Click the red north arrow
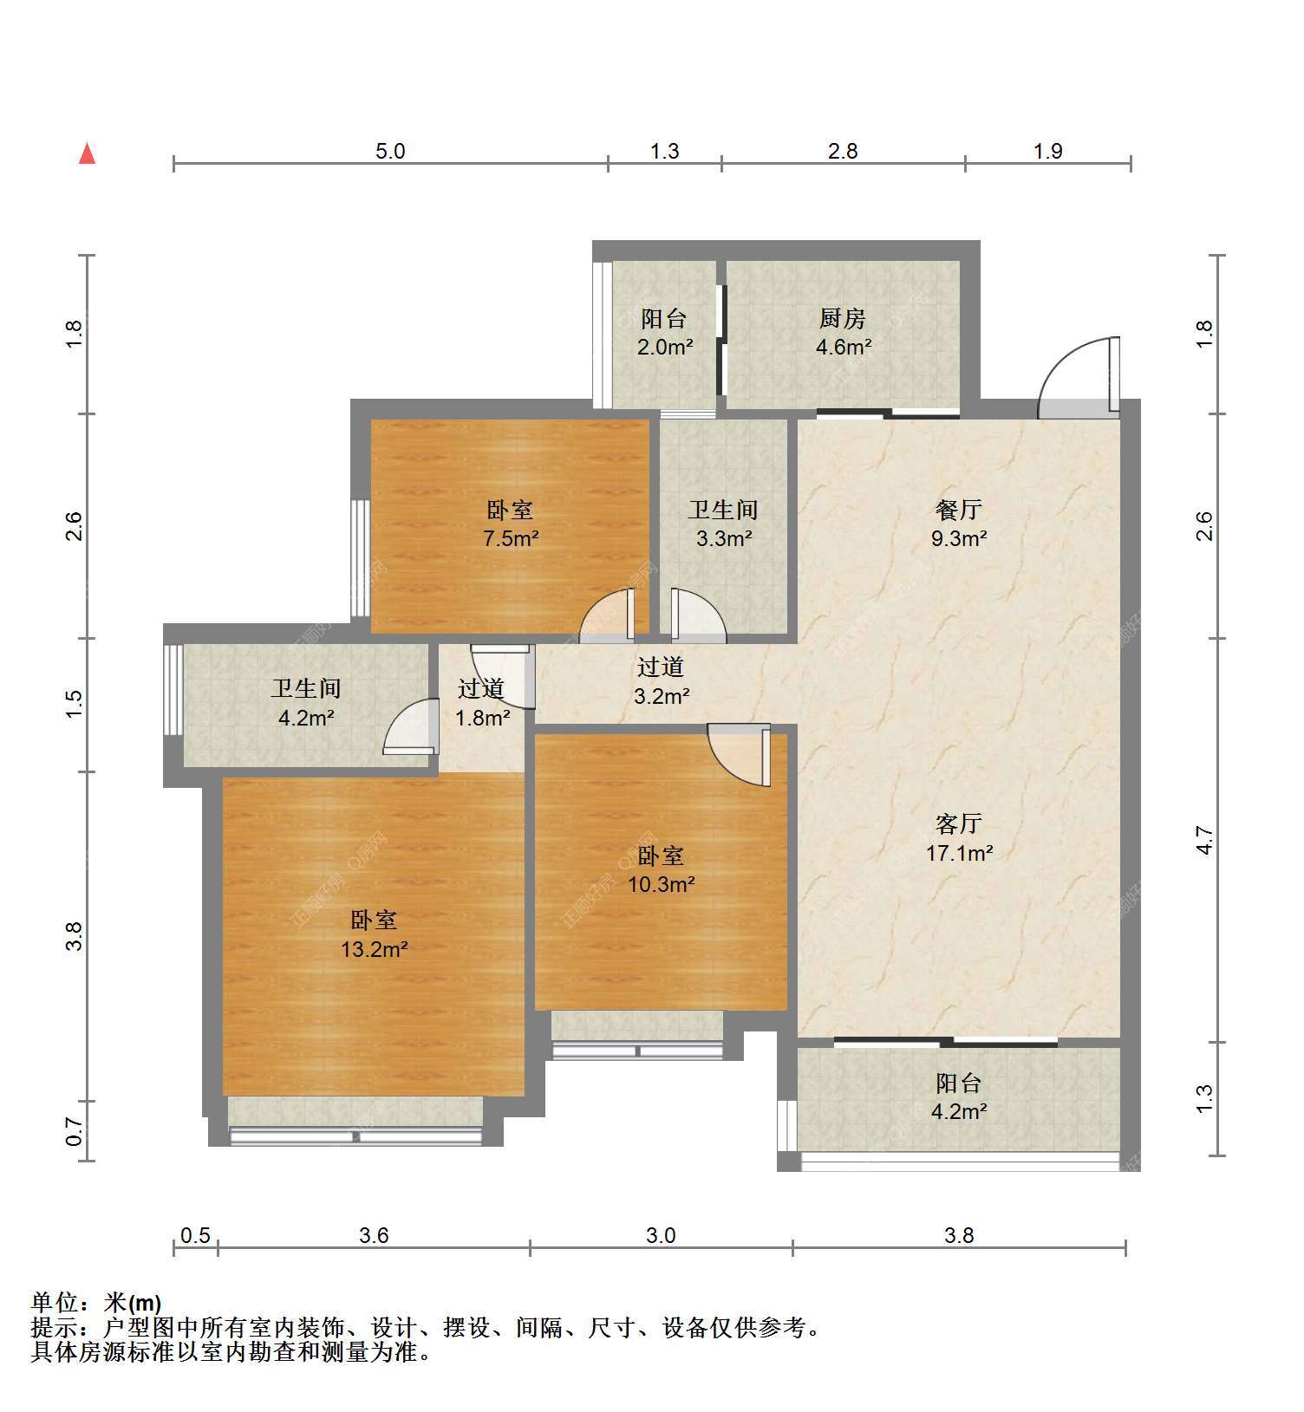pos(87,154)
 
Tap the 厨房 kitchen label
pos(843,318)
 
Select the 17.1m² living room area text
pos(959,853)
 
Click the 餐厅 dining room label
pos(958,510)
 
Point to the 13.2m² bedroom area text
pos(374,949)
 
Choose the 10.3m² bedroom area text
pos(661,884)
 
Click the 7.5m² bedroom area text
pos(511,538)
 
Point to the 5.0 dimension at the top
pos(390,151)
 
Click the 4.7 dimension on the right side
pos(1204,840)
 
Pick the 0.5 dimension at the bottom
pos(195,1234)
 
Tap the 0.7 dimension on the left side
pos(75,1130)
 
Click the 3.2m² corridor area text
pos(662,695)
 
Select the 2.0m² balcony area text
pos(664,348)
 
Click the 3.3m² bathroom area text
pos(724,538)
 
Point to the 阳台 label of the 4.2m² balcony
pos(959,1083)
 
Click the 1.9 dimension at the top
pos(1048,151)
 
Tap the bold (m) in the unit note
pos(145,1302)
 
